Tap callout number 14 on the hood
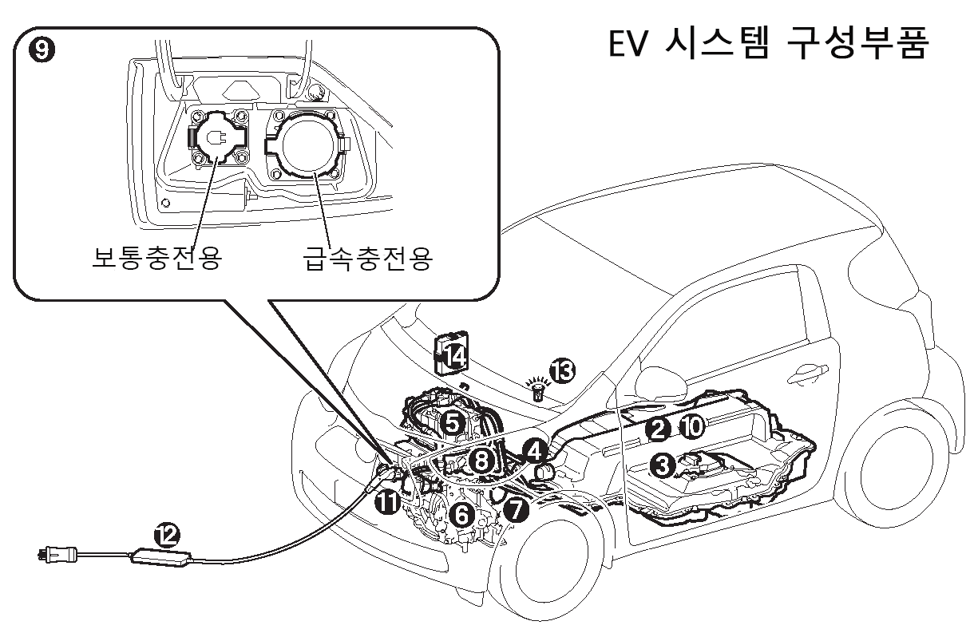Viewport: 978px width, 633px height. [x=454, y=357]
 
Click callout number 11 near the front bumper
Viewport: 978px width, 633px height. [x=387, y=502]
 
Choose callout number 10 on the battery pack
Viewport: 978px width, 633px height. [x=691, y=428]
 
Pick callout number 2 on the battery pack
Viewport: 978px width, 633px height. [x=657, y=429]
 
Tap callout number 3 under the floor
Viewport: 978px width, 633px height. [x=661, y=464]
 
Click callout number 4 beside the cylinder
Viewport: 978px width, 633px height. [x=534, y=452]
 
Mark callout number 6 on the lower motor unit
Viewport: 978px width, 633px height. [x=460, y=516]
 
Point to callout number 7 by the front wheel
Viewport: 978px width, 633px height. [x=515, y=509]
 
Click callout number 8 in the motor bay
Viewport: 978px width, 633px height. [x=480, y=460]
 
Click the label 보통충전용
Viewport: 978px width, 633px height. [x=156, y=259]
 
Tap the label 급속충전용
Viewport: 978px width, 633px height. [x=368, y=259]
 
